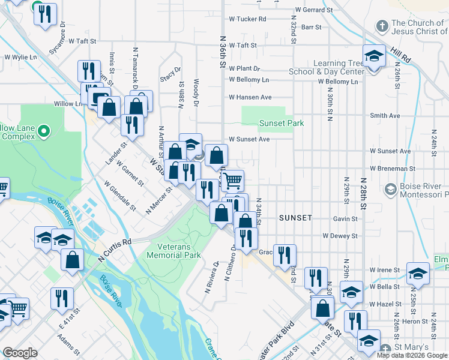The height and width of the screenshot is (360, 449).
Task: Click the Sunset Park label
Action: click(282, 123)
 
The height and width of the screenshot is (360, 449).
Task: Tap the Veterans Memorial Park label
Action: click(170, 251)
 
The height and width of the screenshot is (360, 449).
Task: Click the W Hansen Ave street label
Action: click(250, 97)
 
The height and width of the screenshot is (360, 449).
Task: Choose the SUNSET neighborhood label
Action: click(295, 218)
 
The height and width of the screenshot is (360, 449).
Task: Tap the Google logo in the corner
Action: click(20, 353)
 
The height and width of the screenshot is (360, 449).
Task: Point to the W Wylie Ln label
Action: click(21, 58)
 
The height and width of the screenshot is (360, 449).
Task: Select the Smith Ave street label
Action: click(385, 115)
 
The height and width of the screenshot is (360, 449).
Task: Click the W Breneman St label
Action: click(390, 169)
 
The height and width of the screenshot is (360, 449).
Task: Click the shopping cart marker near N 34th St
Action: click(232, 179)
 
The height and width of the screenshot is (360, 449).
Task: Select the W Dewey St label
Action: click(340, 236)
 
